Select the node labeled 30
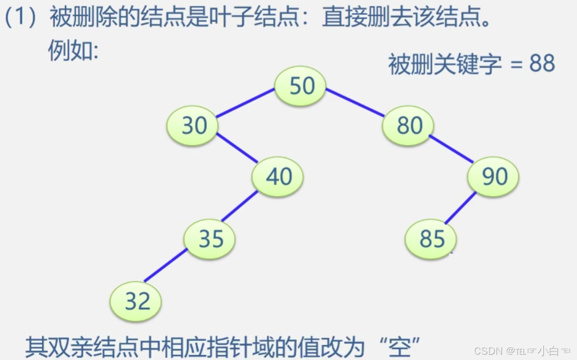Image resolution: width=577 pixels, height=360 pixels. [194, 126]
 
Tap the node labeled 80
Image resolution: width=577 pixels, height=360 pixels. [409, 126]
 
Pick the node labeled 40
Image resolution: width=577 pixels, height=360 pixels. [279, 177]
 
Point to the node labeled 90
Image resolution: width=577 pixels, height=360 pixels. [494, 177]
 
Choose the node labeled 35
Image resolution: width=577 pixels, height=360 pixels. [210, 239]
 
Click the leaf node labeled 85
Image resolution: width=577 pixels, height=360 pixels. [431, 239]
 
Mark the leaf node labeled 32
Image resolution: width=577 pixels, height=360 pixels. [137, 302]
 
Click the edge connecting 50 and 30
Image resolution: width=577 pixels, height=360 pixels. [246, 103]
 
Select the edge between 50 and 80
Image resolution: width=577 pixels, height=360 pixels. [355, 102]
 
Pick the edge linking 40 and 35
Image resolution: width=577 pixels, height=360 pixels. [240, 206]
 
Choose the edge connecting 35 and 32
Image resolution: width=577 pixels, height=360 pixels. [166, 266]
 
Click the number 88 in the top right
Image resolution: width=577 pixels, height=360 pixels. [542, 64]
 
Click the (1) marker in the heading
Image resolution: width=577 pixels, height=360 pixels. [20, 18]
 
